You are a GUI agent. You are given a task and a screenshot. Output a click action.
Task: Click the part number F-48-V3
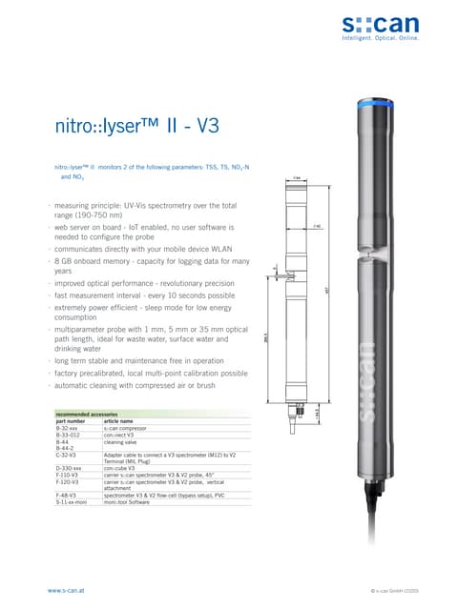67,495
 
